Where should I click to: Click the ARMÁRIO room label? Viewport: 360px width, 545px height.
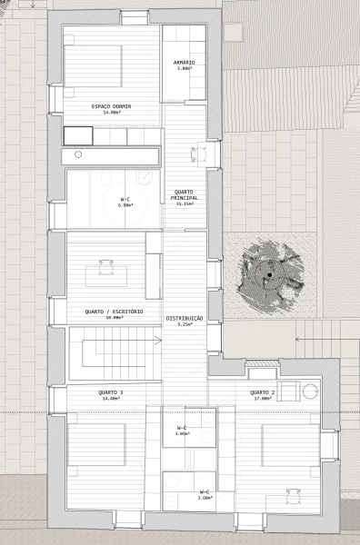click(x=185, y=62)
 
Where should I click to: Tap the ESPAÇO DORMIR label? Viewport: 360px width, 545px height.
click(x=111, y=106)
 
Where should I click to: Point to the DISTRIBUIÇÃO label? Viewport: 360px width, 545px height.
click(x=185, y=318)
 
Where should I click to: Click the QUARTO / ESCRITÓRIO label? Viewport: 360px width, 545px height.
click(x=114, y=312)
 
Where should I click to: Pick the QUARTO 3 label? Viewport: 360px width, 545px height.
click(x=111, y=391)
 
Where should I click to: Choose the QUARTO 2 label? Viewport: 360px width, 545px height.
click(x=263, y=391)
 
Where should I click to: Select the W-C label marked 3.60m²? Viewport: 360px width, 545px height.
click(x=205, y=492)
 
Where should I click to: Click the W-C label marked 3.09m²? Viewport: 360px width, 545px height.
click(x=182, y=427)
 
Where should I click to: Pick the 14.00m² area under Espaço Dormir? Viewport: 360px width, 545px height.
click(x=111, y=114)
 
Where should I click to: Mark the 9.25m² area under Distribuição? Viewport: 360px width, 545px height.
click(x=185, y=324)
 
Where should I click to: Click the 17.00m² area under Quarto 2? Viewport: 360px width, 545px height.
click(x=263, y=398)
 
